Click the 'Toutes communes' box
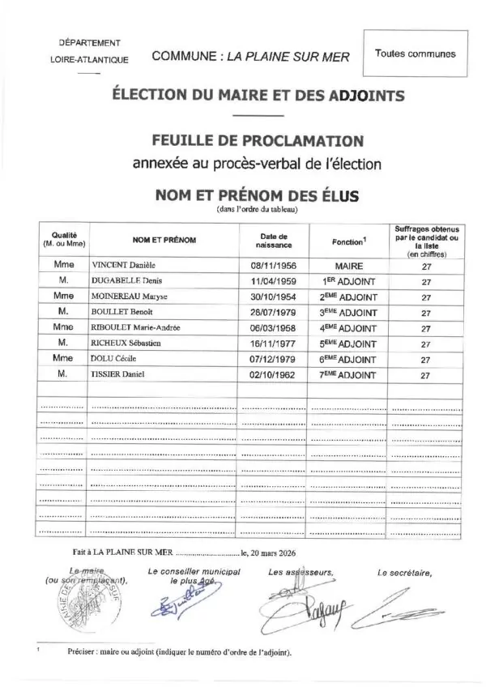click(415, 54)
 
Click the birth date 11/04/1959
click(273, 281)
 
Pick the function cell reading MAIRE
click(349, 265)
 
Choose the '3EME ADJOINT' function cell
click(349, 313)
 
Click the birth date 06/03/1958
click(273, 328)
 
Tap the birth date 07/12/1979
click(273, 360)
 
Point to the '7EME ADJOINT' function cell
click(349, 376)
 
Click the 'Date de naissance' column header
click(273, 240)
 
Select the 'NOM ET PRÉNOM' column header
click(164, 241)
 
